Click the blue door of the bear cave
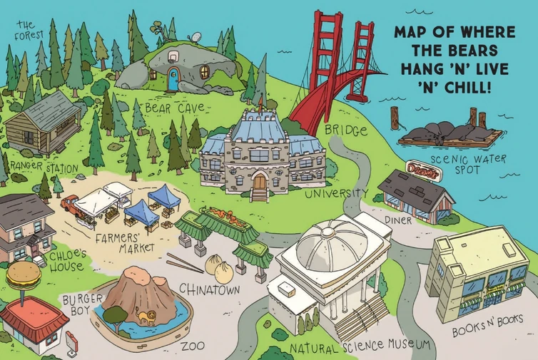[173, 80]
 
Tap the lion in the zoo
[145, 316]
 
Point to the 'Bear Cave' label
[175, 108]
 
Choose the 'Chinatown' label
[209, 289]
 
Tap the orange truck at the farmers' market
[70, 205]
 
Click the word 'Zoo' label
[193, 346]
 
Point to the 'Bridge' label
[346, 131]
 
